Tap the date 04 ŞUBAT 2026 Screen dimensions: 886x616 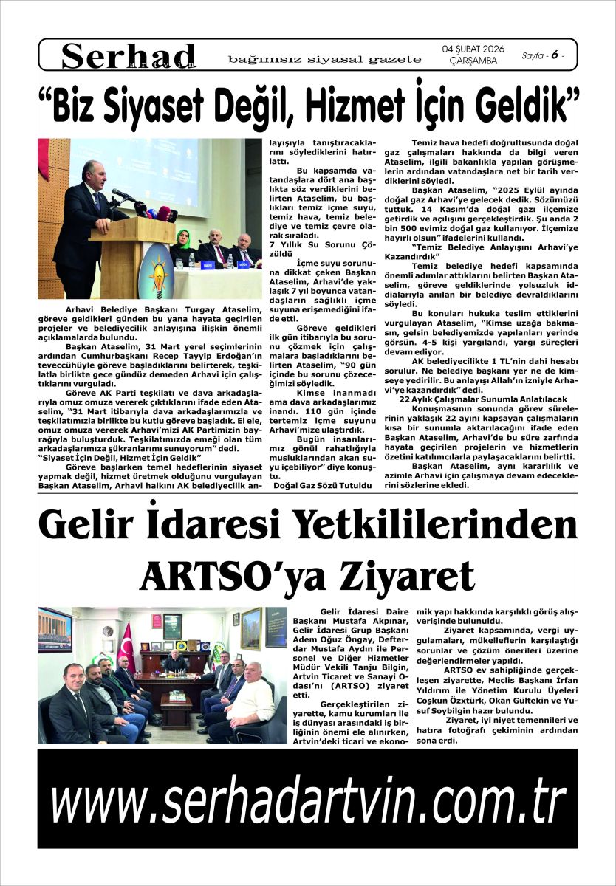click(473, 49)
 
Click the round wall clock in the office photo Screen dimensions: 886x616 click(108, 631)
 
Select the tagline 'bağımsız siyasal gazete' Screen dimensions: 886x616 click(325, 58)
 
